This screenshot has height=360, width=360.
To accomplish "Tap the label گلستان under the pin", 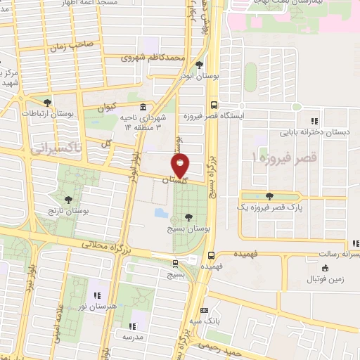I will [x=176, y=181].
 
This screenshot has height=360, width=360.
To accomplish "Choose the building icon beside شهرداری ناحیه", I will [x=143, y=107].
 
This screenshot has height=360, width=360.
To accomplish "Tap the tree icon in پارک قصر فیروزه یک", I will [x=271, y=196].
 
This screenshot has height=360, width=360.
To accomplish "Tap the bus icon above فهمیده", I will [x=212, y=255].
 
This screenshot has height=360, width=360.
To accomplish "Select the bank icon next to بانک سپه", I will [x=204, y=309].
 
